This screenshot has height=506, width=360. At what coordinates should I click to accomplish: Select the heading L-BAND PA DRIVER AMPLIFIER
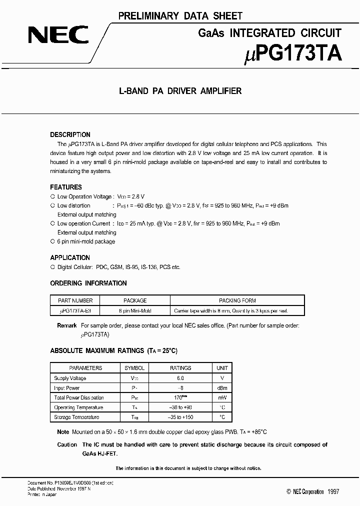tap(180, 91)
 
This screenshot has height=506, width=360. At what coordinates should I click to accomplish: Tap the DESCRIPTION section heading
tap(70, 134)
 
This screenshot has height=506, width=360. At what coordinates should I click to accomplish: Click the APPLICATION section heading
tap(70, 257)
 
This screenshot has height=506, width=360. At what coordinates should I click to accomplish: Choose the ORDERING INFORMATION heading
tap(88, 283)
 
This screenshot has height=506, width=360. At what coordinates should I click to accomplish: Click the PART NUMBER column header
tap(75, 300)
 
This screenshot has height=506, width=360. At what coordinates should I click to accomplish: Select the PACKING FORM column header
tap(237, 300)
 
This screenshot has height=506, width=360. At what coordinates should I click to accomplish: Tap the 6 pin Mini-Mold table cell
tap(135, 310)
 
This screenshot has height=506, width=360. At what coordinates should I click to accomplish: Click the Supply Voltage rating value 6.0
tap(180, 378)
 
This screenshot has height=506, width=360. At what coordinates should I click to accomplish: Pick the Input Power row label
tap(67, 388)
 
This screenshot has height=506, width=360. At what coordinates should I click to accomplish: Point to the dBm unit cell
tap(222, 388)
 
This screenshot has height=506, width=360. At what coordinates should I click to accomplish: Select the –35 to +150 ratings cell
tap(180, 417)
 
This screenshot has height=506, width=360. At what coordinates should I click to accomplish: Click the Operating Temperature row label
tap(78, 407)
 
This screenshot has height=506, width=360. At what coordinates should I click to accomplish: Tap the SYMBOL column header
tap(134, 368)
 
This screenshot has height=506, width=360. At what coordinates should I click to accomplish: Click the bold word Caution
tap(67, 444)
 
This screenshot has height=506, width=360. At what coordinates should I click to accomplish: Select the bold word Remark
tap(67, 325)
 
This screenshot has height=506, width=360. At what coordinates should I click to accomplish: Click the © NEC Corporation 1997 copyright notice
tap(313, 491)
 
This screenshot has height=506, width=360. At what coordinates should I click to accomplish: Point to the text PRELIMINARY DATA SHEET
tap(180, 16)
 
